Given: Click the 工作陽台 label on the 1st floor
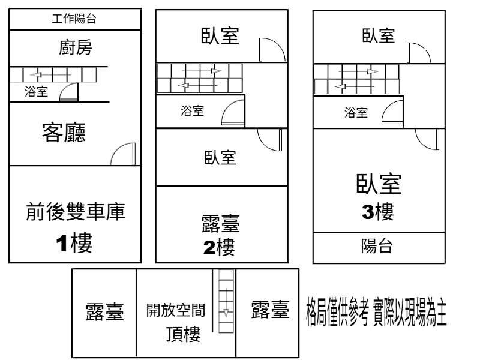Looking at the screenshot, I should pyautogui.click(x=74, y=19).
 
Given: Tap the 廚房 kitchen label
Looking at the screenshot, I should pyautogui.click(x=76, y=47).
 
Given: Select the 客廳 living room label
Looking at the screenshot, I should pyautogui.click(x=64, y=132).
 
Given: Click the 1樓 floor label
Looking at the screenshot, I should pyautogui.click(x=74, y=243).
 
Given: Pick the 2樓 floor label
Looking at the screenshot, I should pyautogui.click(x=219, y=247).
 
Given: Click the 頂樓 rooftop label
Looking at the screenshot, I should pyautogui.click(x=183, y=334).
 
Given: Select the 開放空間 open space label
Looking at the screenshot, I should pyautogui.click(x=176, y=310).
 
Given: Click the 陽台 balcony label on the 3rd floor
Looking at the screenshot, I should pyautogui.click(x=377, y=247).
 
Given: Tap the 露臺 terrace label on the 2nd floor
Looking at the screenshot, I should pyautogui.click(x=220, y=226).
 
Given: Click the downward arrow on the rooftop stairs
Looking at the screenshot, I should pyautogui.click(x=225, y=313).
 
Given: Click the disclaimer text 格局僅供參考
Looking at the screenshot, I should pyautogui.click(x=335, y=313).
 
